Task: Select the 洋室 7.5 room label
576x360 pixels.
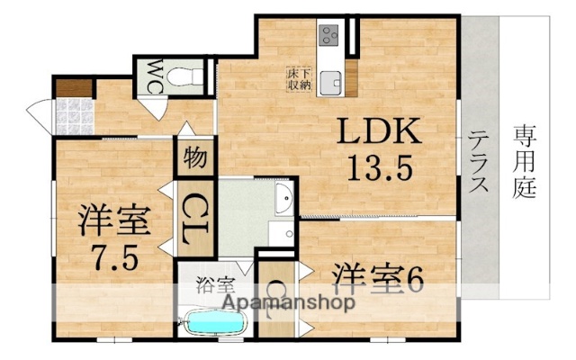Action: coord(112,220)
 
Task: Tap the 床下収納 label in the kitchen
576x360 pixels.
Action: coord(300,78)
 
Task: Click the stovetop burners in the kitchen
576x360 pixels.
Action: coord(328,38)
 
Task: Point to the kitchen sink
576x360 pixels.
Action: coord(329,80)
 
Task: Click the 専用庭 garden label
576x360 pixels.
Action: coord(525,162)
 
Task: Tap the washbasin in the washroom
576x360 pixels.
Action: coord(283,200)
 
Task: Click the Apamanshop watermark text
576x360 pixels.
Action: coord(270,302)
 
